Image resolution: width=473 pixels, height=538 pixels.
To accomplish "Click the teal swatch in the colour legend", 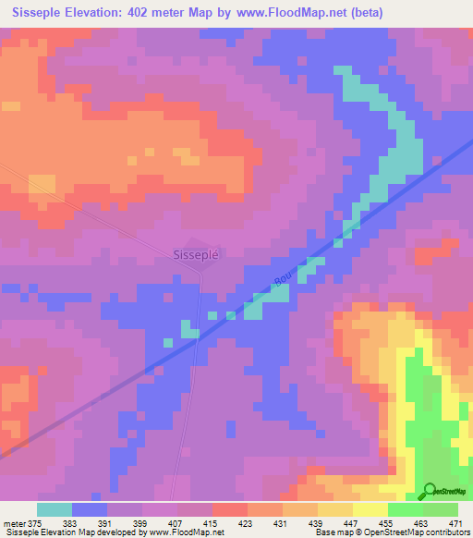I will click(55, 508).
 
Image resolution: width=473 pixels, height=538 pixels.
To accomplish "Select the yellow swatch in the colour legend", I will click(370, 508).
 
